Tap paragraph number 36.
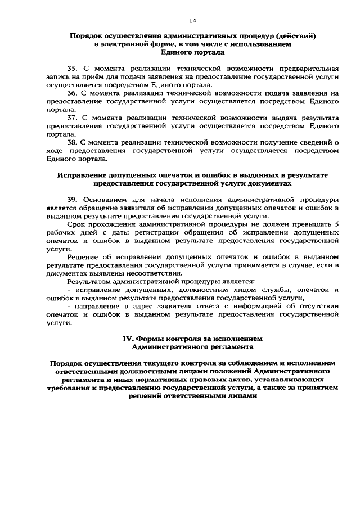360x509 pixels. tap(71, 92)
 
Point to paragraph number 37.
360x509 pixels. tap(71, 119)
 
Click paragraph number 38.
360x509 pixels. tap(71, 144)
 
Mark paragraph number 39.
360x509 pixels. tap(71, 200)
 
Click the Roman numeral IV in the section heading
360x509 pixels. tap(128, 340)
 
